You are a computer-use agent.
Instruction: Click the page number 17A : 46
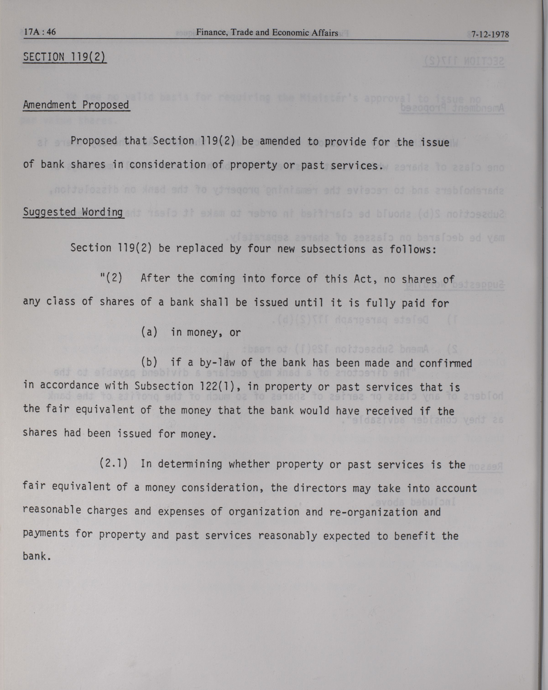[40, 32]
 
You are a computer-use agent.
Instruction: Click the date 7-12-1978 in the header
[490, 34]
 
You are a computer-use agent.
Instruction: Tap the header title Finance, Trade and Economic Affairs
[267, 32]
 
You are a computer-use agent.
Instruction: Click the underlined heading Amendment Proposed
[76, 105]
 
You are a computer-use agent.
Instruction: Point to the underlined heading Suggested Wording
[73, 212]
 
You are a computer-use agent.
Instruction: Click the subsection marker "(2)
[111, 277]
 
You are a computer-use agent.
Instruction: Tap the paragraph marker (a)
[149, 332]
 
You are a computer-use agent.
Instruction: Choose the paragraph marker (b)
[149, 362]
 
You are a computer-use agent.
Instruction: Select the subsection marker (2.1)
[113, 463]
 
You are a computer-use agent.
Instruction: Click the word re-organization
[373, 512]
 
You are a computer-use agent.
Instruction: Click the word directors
[320, 488]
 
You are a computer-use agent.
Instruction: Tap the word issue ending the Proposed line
[435, 142]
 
